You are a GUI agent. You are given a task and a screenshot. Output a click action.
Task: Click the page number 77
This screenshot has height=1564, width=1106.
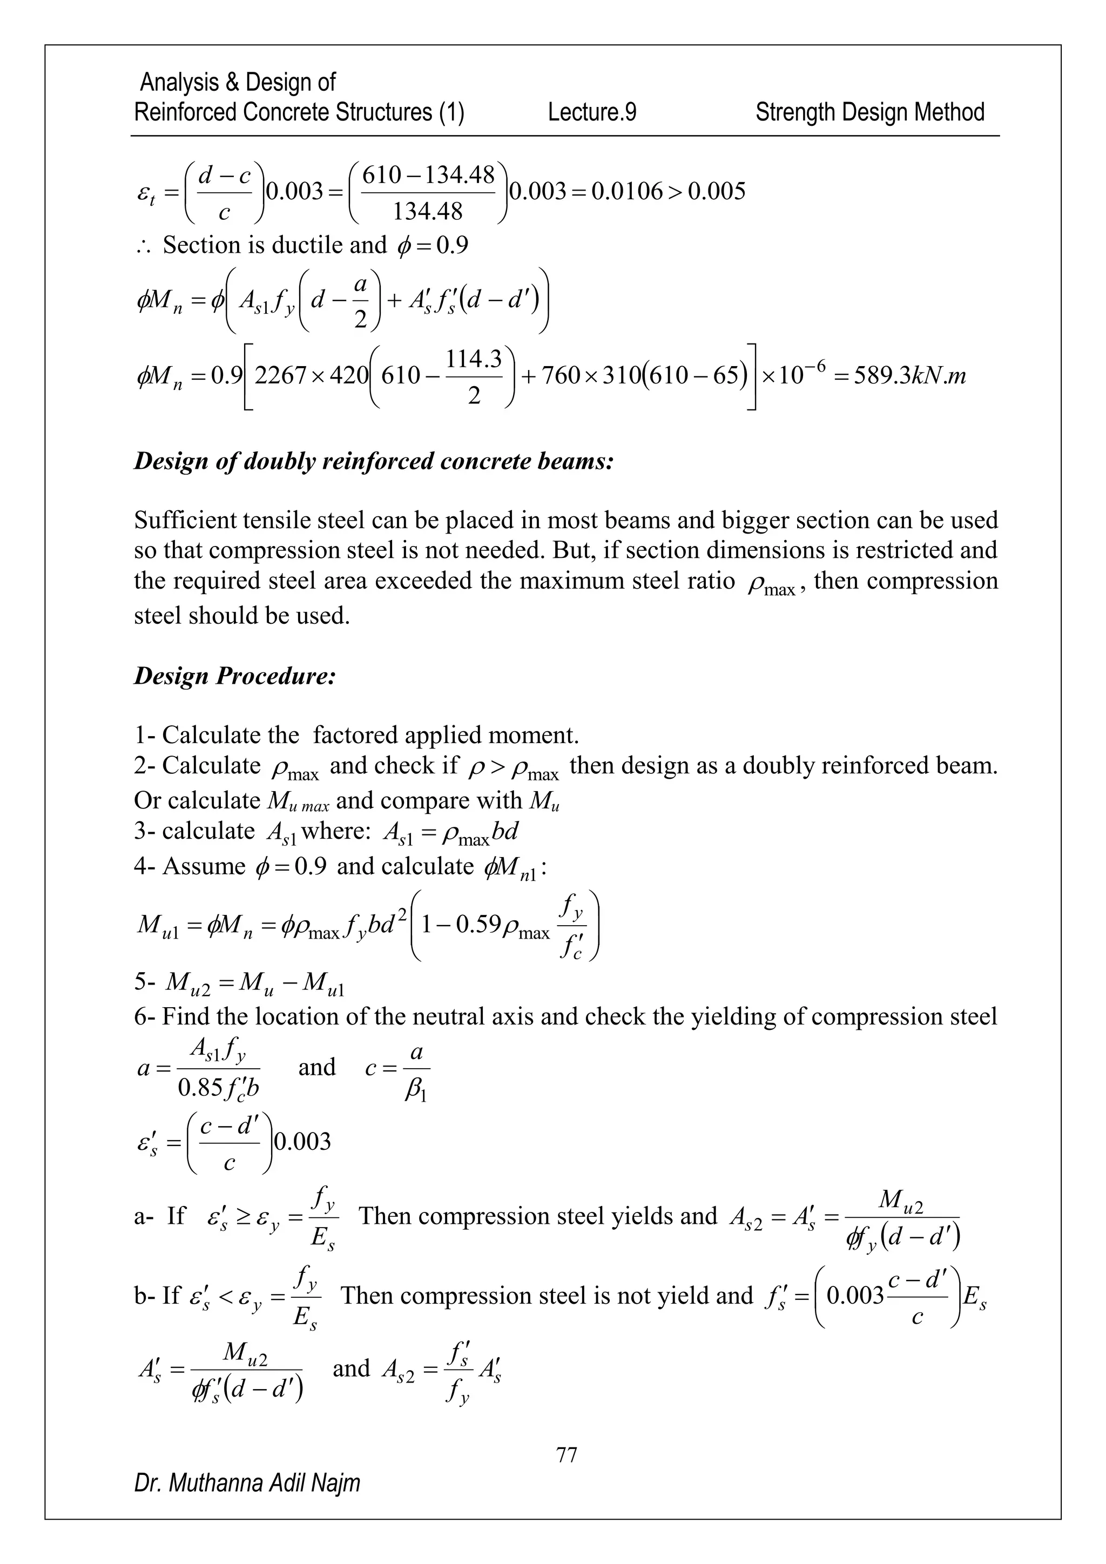(567, 1454)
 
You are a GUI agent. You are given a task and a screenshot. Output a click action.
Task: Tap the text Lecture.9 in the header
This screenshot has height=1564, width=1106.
(592, 112)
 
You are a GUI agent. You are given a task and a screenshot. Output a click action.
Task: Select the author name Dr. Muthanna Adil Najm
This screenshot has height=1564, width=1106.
(247, 1482)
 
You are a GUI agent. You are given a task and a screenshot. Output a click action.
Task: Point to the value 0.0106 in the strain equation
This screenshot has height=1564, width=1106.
(626, 191)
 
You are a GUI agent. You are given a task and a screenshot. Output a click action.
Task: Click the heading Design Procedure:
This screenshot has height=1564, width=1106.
(235, 676)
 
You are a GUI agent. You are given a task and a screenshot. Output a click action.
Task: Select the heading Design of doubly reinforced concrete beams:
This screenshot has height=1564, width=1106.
(374, 461)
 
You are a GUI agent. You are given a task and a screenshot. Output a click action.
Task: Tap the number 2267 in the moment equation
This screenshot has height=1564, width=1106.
(279, 375)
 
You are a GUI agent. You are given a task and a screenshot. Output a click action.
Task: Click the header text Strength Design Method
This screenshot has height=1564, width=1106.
(869, 112)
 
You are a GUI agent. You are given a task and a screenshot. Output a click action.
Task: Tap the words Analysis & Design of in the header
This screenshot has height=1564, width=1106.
(237, 83)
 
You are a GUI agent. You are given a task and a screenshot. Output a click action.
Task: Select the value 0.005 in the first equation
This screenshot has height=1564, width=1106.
(717, 191)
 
